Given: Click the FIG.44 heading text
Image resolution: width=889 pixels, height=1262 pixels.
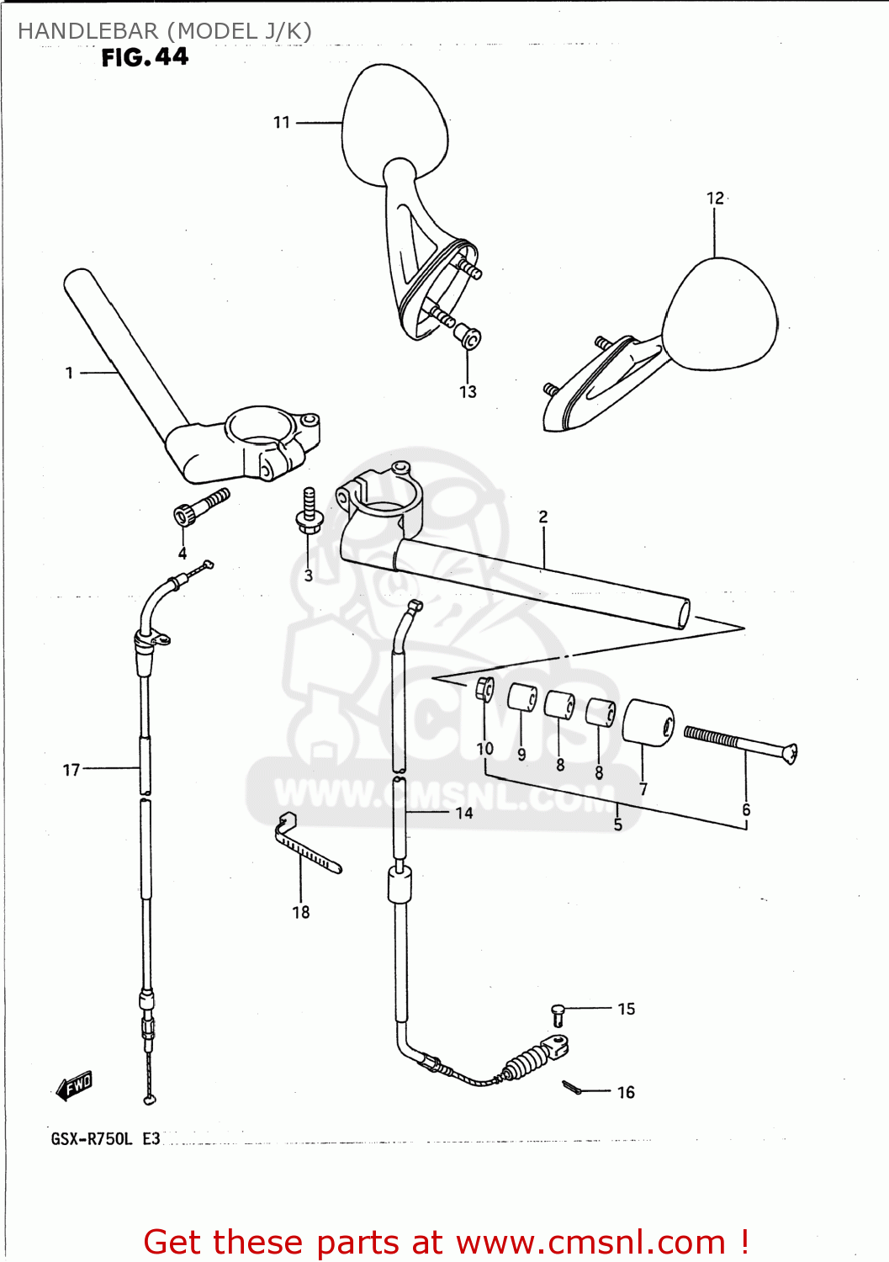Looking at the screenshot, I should (145, 57).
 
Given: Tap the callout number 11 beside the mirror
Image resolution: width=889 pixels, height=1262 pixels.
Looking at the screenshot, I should (282, 123).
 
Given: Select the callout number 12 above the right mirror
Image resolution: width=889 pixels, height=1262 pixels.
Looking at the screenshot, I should (715, 199).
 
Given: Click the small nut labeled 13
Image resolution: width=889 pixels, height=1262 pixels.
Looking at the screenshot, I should (468, 338).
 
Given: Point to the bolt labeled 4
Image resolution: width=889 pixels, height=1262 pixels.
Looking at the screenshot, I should (198, 507).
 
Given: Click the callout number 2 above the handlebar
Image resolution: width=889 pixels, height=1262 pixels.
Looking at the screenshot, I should (543, 517).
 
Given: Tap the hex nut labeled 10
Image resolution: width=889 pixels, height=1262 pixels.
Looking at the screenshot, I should (484, 687).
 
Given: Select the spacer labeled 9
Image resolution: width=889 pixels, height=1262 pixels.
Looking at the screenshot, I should (521, 697).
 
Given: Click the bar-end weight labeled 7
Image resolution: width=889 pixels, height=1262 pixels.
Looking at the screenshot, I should (648, 722).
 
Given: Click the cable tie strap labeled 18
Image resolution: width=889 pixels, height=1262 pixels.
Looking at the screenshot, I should (306, 846).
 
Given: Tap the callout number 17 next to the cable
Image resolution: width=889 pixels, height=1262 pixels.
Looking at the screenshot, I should (71, 770).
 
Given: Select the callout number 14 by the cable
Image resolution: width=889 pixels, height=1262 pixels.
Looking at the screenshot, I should (464, 813).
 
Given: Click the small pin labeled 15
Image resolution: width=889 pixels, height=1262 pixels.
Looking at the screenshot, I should (558, 1014).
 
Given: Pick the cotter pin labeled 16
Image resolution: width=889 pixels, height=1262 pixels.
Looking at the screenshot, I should (572, 1088).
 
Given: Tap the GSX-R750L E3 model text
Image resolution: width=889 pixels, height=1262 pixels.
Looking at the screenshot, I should (106, 1139).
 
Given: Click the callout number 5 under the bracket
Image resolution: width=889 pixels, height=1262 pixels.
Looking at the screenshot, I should (618, 825).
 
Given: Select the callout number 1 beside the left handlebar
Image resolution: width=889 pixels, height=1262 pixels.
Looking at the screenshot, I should (69, 373).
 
